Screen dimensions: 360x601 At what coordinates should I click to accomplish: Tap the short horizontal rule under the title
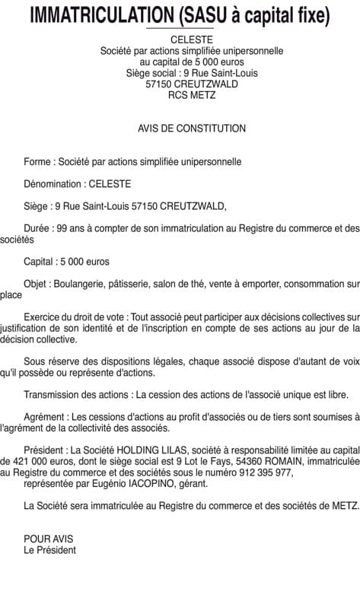tap(180, 29)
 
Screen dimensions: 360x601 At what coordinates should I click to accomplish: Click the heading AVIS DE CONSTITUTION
tap(192, 129)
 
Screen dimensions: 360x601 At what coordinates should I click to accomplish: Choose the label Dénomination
tap(54, 184)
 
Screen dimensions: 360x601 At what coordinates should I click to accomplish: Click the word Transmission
tap(51, 395)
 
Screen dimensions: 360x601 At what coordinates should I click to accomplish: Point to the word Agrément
tap(45, 417)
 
